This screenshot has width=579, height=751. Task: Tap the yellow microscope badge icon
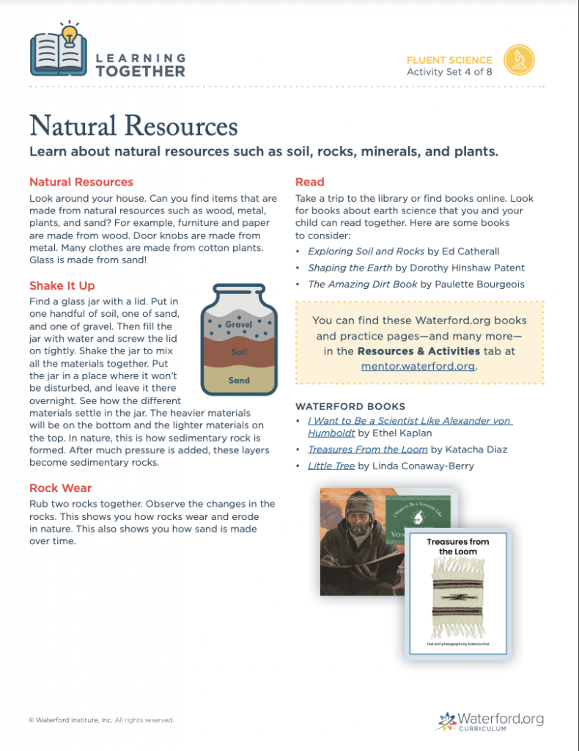(x=519, y=59)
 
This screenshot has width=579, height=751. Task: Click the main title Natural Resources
(x=133, y=125)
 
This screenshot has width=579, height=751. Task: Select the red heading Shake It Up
(x=62, y=285)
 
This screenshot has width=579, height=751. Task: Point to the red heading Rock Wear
(x=61, y=488)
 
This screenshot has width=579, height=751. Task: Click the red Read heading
(x=309, y=182)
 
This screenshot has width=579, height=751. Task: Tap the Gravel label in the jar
(x=239, y=324)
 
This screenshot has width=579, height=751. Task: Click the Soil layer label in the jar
(x=239, y=352)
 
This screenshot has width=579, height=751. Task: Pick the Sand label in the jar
(x=239, y=380)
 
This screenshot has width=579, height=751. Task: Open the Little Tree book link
(x=331, y=466)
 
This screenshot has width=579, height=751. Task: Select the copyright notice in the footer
(x=101, y=720)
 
